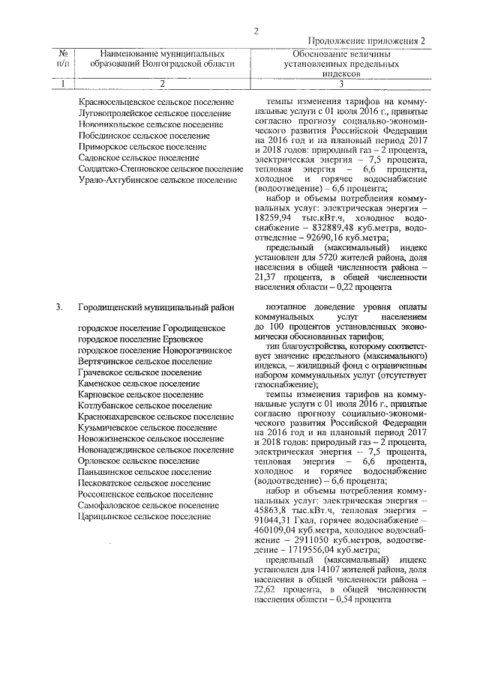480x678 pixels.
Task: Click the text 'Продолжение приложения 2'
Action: click(x=366, y=42)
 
